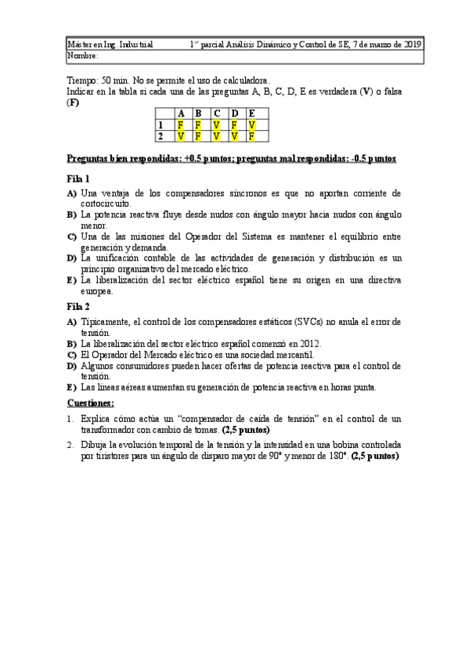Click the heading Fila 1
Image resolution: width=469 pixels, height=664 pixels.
click(78, 178)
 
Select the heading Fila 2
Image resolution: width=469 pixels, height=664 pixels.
click(78, 306)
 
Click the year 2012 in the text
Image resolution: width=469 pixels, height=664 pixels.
click(310, 343)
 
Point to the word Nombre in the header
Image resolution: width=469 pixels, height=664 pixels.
click(82, 56)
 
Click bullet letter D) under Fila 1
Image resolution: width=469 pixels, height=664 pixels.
click(71, 258)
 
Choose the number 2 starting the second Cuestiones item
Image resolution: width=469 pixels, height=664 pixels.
click(70, 443)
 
